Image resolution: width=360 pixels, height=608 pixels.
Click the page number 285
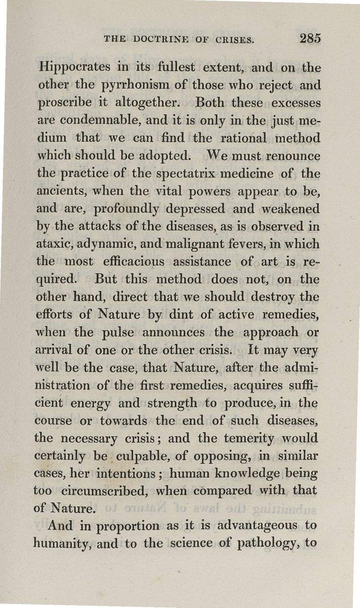[310, 38]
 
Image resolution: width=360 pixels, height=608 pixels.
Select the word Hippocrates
[74, 68]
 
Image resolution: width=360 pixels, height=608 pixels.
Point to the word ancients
[58, 191]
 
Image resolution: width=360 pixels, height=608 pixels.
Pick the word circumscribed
[102, 490]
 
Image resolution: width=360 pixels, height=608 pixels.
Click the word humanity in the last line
[63, 543]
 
